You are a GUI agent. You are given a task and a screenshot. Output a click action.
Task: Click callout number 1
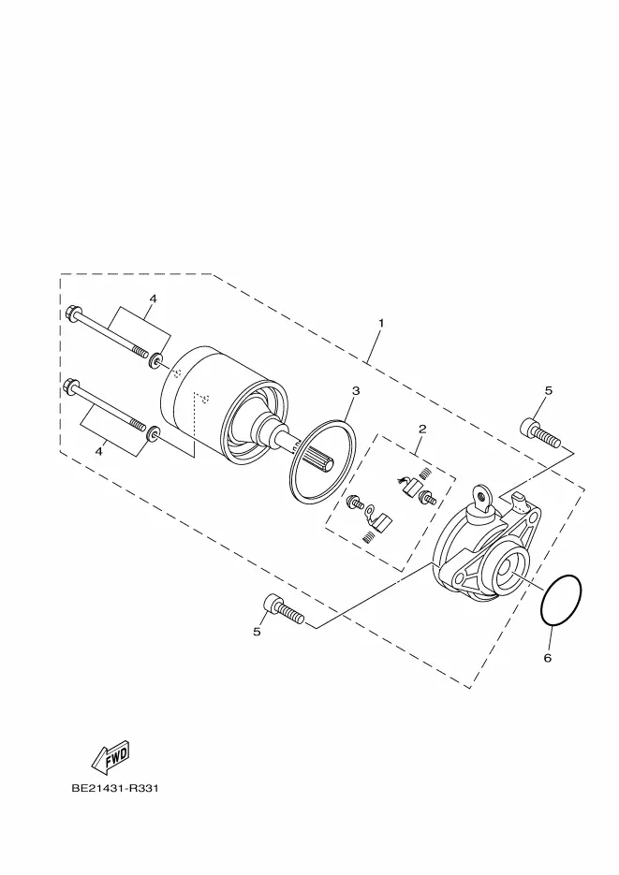pos(381,323)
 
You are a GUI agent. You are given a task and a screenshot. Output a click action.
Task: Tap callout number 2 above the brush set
pos(422,429)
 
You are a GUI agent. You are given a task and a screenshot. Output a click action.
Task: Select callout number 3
pos(356,390)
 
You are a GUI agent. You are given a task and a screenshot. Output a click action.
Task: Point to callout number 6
pos(548,658)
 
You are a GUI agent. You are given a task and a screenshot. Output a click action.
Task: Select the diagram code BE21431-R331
pos(115,789)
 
